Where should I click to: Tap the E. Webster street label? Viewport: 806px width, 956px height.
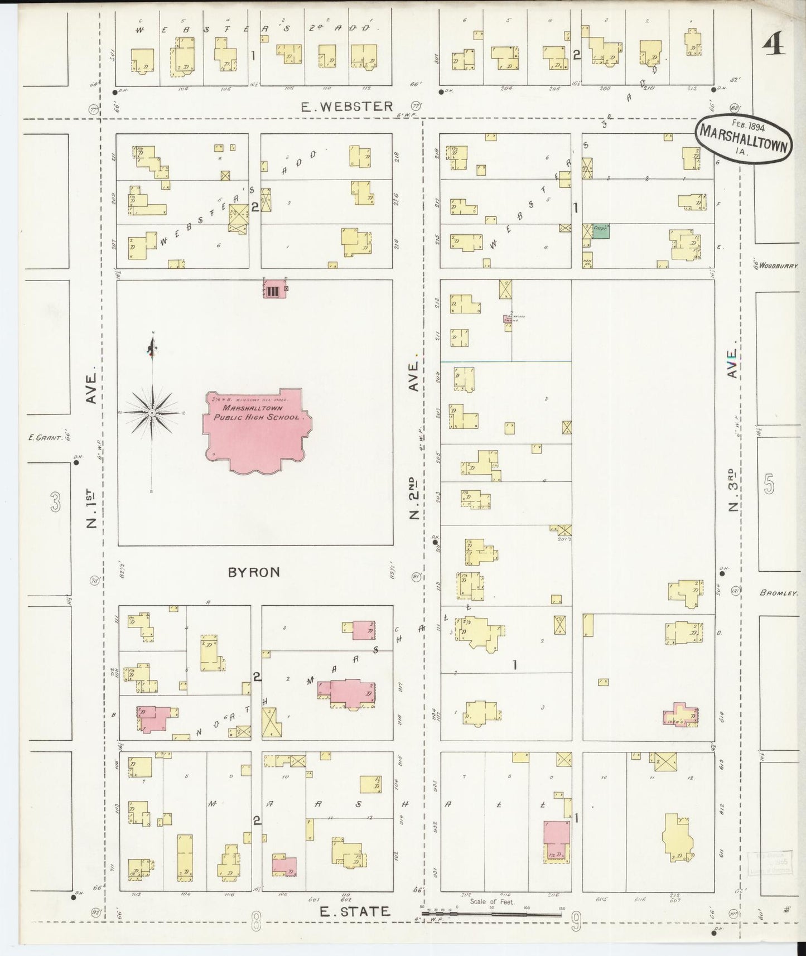346,106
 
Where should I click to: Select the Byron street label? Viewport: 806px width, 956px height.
254,572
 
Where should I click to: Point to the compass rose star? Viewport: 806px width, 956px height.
151,413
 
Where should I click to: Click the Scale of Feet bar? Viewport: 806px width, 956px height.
491,914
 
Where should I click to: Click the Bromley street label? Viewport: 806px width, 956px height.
779,593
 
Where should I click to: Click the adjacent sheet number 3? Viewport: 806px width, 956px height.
55,503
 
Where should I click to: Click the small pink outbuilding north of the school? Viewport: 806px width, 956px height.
273,289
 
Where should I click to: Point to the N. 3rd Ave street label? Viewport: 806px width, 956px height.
733,429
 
